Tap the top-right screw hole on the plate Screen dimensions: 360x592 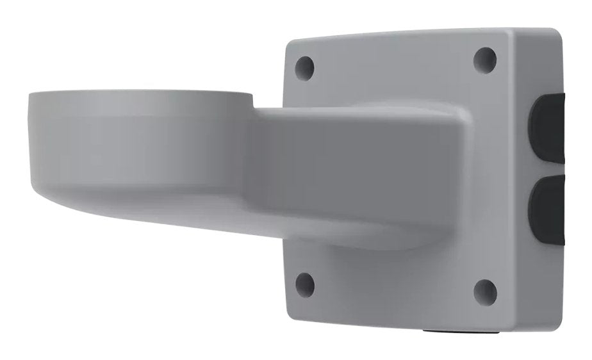[x=485, y=60]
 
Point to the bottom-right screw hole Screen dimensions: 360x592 [x=485, y=291]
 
